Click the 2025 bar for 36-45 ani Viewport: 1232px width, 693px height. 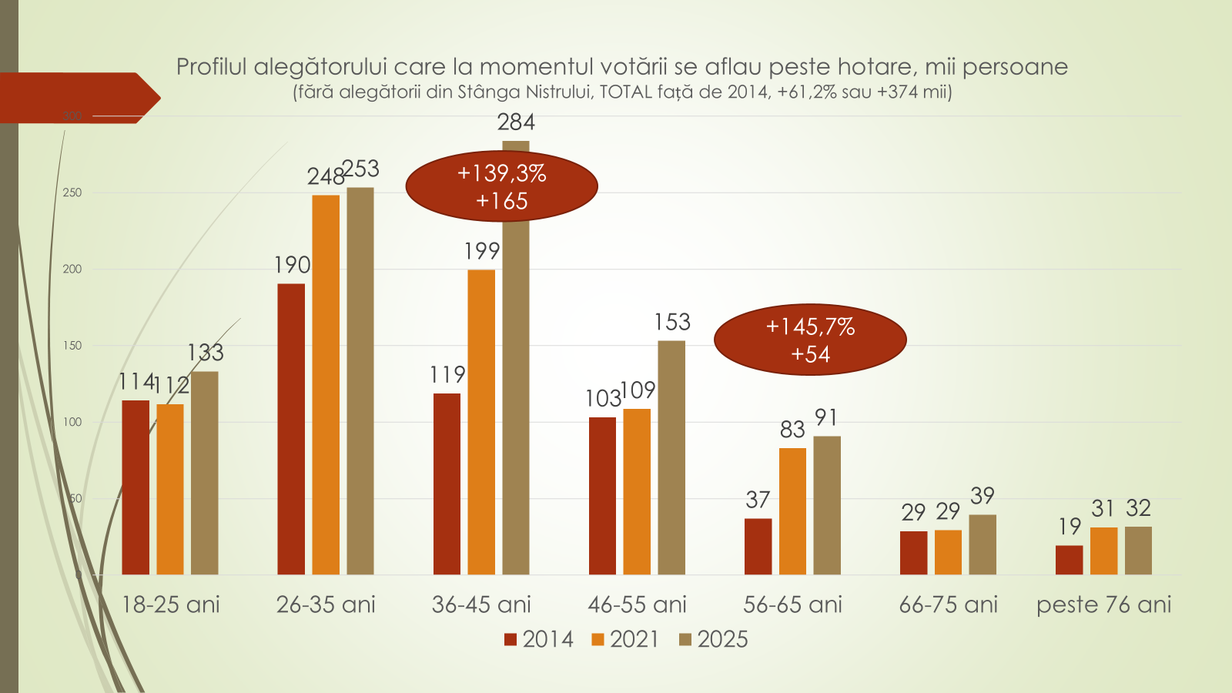(516, 400)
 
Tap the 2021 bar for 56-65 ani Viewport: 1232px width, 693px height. (792, 511)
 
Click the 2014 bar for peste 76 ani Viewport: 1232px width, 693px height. (1069, 560)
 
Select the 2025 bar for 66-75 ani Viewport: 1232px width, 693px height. (983, 544)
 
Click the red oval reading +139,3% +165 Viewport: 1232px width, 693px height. (501, 186)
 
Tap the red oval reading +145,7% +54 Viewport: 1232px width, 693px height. (810, 340)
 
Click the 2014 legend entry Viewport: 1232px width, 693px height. (539, 639)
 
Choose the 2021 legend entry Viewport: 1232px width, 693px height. (625, 639)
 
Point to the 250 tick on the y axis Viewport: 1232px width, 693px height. (72, 192)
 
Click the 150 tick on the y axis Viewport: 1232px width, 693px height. (72, 346)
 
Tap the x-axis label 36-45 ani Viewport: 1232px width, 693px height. (481, 604)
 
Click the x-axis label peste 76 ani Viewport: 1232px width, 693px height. (1103, 604)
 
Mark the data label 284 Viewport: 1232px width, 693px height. (516, 122)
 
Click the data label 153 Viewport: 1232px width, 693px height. (672, 322)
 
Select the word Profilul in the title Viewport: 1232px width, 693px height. (211, 68)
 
